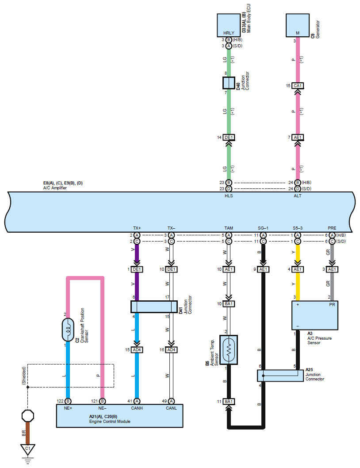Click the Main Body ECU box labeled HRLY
(x=229, y=25)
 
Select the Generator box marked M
(x=297, y=25)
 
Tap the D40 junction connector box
(x=229, y=83)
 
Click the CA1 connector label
(x=298, y=86)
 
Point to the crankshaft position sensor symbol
(x=68, y=330)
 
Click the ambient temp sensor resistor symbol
(x=229, y=350)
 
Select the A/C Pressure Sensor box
(x=314, y=315)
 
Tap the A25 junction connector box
(x=280, y=376)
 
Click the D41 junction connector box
(x=154, y=307)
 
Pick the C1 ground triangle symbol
(x=28, y=449)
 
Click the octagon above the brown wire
(x=28, y=415)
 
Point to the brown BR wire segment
(x=28, y=433)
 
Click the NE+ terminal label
(x=68, y=408)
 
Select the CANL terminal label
(x=171, y=408)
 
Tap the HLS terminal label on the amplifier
(x=229, y=196)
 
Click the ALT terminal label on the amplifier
(x=298, y=196)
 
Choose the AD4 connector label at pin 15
(x=137, y=349)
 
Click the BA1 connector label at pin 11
(x=229, y=402)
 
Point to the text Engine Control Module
(x=110, y=422)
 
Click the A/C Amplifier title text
(x=55, y=188)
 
